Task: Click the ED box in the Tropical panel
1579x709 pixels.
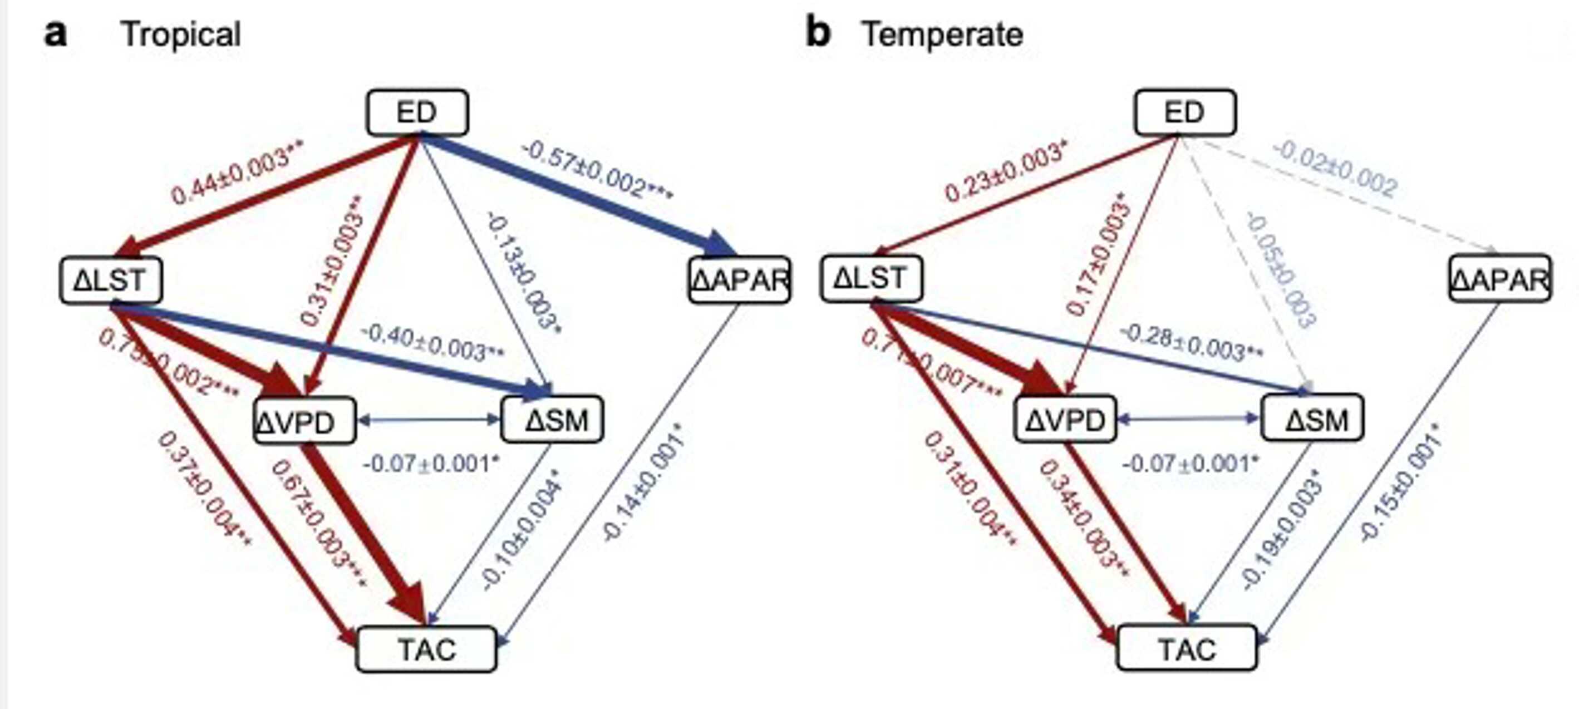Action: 417,113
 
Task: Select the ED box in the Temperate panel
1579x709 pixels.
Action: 1185,113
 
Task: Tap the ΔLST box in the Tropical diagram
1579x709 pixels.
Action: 111,280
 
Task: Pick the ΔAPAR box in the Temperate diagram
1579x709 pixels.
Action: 1500,279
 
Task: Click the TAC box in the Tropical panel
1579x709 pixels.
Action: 427,649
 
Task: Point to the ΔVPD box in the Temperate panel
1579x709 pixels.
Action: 1065,420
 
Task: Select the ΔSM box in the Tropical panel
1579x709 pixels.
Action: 552,420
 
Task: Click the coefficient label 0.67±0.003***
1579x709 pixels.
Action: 318,524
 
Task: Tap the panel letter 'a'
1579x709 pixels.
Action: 55,34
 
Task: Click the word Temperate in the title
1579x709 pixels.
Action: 943,35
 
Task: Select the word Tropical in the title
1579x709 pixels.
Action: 181,35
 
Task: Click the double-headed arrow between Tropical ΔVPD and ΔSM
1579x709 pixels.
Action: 429,420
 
